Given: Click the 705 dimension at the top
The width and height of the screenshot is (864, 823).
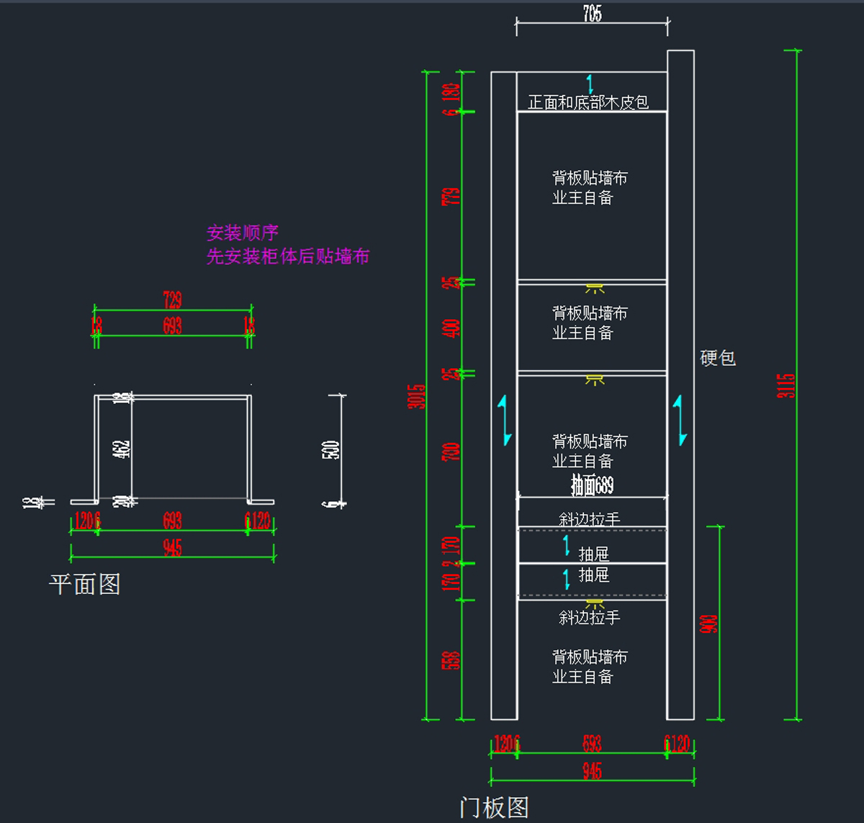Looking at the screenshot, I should tap(592, 14).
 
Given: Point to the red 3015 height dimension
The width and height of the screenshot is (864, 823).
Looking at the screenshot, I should tap(416, 396).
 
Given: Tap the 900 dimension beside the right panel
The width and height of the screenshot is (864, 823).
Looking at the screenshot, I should tap(708, 624).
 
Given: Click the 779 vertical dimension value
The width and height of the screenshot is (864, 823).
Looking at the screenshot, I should tap(451, 197).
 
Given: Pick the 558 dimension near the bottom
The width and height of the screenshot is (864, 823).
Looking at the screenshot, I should tap(451, 660).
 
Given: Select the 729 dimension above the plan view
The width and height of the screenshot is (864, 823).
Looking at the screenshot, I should tap(172, 300).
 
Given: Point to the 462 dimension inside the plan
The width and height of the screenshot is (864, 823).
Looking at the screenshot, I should tap(122, 449).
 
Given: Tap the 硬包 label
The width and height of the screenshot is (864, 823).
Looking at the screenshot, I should tap(718, 358).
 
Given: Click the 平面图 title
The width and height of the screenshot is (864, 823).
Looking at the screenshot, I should tap(84, 584).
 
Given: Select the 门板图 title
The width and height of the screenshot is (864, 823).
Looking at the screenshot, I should tap(494, 807).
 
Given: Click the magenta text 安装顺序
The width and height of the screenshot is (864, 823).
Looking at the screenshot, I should tap(243, 233).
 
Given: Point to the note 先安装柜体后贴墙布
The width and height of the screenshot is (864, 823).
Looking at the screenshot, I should tap(288, 256).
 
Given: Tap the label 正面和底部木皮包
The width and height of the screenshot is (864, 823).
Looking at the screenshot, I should tap(588, 102).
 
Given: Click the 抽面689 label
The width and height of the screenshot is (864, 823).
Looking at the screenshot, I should tap(592, 485).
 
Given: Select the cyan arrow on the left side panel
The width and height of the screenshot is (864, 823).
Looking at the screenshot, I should tap(506, 420).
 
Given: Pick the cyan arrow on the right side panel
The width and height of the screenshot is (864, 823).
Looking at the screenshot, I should tap(680, 420).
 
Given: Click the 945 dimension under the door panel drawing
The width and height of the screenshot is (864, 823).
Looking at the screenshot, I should tap(592, 771).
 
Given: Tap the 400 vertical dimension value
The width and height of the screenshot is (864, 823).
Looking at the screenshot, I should tap(451, 328).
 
